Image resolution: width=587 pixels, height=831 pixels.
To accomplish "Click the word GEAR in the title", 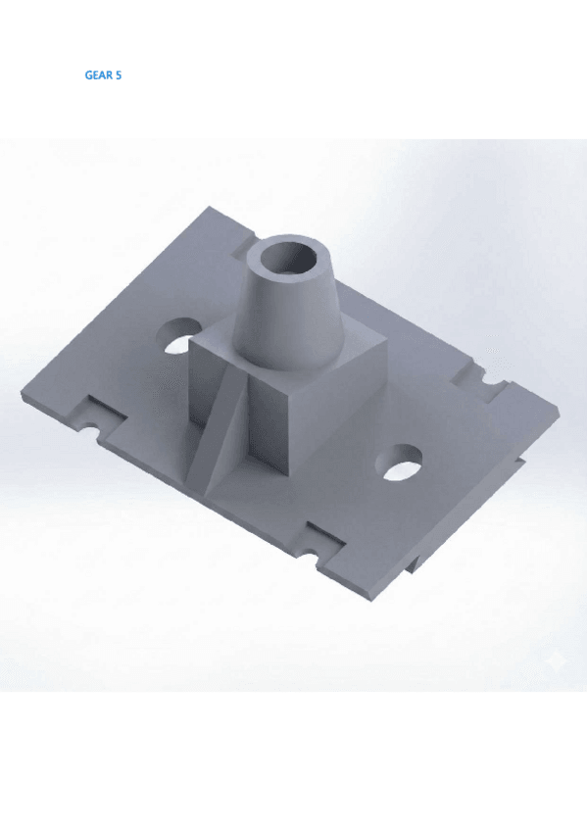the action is click(x=99, y=75).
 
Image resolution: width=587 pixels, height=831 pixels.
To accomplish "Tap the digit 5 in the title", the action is click(x=119, y=75).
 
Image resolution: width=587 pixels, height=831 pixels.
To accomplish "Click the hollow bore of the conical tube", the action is click(x=289, y=259).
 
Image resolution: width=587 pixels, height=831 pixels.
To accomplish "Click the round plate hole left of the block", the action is click(x=179, y=335).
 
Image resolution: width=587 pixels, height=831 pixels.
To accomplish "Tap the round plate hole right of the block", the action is click(x=399, y=463).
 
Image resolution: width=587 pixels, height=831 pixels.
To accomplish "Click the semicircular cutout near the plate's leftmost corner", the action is click(x=89, y=425).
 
